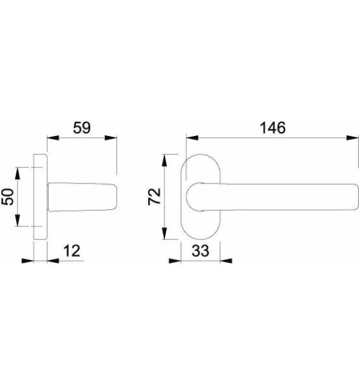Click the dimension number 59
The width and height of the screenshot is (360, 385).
[82, 127]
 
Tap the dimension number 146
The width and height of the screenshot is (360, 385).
[273, 128]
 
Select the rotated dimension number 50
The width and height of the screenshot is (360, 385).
[8, 196]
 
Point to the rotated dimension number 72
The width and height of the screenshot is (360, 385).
[155, 196]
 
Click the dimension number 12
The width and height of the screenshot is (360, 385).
[71, 251]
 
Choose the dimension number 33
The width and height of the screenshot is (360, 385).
[201, 251]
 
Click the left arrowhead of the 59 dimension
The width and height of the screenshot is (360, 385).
[53, 138]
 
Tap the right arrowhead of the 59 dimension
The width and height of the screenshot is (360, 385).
[110, 138]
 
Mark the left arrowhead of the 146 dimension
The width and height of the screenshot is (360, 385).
[192, 138]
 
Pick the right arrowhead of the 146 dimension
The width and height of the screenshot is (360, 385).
[352, 138]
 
